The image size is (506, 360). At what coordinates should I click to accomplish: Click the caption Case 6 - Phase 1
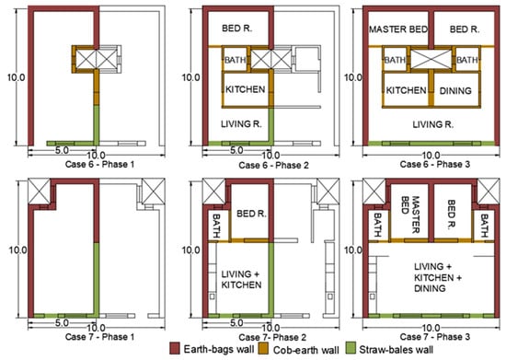(99, 164)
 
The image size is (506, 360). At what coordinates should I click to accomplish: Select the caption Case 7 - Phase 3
(434, 337)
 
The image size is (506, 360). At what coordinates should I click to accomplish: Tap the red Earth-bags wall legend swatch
(175, 349)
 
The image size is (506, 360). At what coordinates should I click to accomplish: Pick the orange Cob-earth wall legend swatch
(264, 349)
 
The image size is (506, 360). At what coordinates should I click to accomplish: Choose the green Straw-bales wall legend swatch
(351, 349)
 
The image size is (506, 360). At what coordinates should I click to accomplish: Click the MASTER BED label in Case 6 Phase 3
(398, 29)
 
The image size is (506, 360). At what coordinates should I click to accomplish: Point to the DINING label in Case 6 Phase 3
(455, 91)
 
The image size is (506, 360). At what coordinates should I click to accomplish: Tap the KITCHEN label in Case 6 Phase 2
(246, 89)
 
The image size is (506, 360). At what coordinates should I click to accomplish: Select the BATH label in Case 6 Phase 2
(235, 60)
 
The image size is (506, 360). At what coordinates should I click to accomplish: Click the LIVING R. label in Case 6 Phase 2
(241, 124)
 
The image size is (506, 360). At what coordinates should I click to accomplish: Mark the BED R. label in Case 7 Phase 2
(251, 214)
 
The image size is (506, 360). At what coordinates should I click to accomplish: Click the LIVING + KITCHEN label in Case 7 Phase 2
(241, 280)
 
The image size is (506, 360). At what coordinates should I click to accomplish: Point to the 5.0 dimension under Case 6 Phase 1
(62, 150)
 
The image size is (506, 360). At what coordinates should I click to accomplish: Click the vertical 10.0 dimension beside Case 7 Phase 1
(17, 250)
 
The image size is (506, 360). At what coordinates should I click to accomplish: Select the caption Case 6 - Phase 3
(434, 164)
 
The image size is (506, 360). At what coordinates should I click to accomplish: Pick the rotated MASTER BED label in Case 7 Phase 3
(410, 215)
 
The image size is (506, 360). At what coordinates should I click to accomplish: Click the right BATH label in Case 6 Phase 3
(467, 60)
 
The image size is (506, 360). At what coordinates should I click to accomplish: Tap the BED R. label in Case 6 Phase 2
(236, 29)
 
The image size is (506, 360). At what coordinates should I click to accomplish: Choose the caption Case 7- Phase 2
(273, 337)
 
